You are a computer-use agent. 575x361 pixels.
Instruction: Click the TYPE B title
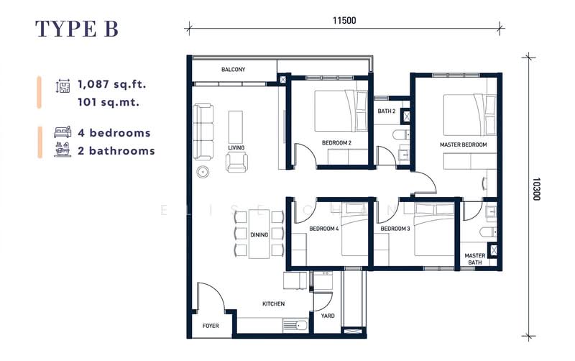77,28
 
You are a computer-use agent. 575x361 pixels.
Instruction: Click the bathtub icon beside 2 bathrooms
63,151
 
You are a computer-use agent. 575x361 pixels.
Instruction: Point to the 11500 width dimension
345,20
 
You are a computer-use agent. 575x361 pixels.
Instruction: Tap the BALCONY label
234,70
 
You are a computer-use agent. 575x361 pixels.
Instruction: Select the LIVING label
236,147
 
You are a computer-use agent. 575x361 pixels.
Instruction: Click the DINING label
259,234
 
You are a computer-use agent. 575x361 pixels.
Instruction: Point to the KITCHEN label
273,304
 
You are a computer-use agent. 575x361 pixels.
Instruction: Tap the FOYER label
211,326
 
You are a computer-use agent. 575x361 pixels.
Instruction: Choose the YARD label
327,315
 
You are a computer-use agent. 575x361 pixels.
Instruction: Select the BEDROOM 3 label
395,229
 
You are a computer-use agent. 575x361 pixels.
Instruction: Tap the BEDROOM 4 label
324,229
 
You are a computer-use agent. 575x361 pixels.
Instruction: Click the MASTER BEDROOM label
463,145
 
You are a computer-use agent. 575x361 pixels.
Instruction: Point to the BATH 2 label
387,111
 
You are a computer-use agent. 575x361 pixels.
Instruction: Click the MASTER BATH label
474,259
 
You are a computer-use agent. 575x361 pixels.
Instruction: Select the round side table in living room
204,172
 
